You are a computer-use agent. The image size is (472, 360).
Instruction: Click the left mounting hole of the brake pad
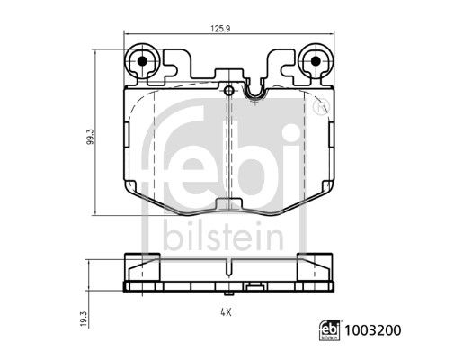tap(140, 63)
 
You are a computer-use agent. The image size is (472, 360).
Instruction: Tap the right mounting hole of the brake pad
tap(315, 63)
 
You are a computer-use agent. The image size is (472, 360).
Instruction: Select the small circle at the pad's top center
tap(229, 90)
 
